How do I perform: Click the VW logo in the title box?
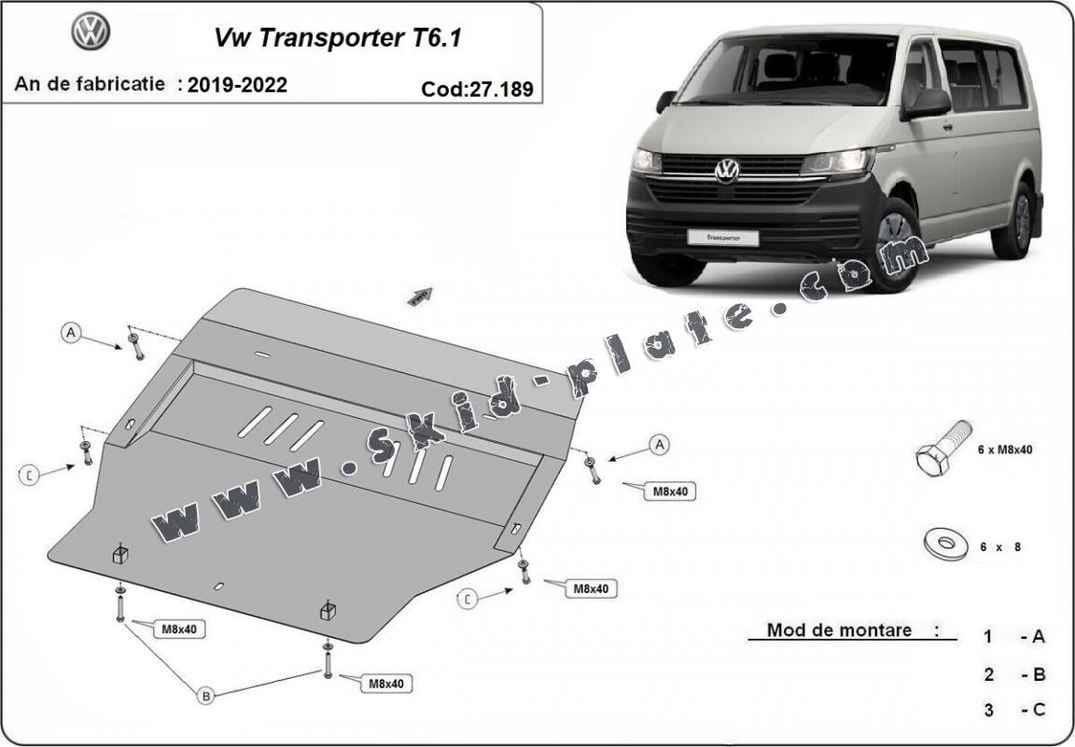pos(91,33)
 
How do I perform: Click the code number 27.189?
pos(478,90)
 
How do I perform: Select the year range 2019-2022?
pos(237,85)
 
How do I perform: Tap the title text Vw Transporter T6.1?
pos(338,38)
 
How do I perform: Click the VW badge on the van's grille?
pos(726,171)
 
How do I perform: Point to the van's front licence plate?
pos(723,237)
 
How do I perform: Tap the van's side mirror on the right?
pos(926,104)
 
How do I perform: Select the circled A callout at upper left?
pos(72,332)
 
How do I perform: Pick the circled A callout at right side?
pos(660,445)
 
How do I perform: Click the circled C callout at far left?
pos(30,476)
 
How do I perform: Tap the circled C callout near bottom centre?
pos(468,599)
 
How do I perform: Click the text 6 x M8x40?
pos(1004,450)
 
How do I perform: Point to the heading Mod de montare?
pos(839,629)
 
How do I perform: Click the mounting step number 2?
pos(988,673)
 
